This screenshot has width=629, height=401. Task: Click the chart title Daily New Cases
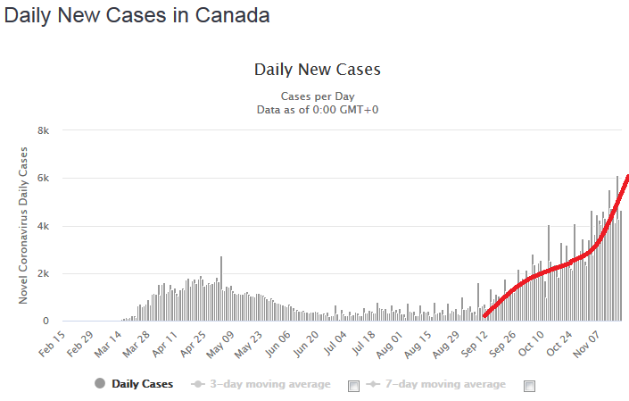[318, 70]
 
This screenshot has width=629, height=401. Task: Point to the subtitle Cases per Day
[318, 96]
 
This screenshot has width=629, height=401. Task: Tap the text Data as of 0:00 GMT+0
[318, 109]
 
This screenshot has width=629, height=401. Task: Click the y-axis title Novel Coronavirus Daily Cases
[24, 226]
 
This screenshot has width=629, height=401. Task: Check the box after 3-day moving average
[353, 386]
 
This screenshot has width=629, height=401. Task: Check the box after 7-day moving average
[529, 386]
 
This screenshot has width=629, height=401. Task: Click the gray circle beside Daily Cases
[99, 385]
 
